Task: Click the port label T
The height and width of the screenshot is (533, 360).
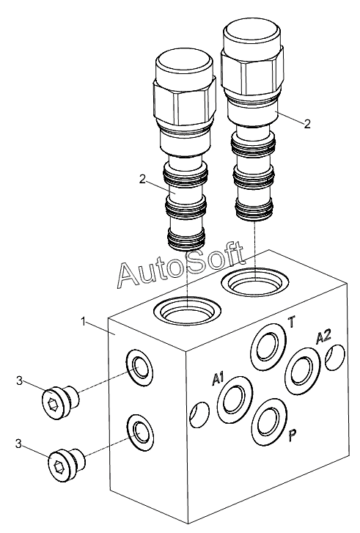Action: [292, 322]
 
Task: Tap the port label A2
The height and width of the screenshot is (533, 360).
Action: [323, 337]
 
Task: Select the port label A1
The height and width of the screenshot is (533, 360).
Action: [218, 379]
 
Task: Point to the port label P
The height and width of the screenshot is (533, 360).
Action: [293, 435]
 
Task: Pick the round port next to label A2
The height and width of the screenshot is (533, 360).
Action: [303, 370]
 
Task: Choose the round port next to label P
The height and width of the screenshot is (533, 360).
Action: [270, 422]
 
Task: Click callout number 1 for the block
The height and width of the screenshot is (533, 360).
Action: [84, 322]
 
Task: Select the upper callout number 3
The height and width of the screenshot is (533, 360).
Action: [19, 381]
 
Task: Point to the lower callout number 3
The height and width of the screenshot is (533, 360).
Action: [19, 444]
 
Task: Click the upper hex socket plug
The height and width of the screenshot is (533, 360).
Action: [61, 402]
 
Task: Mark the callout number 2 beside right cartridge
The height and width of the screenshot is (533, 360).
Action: [307, 124]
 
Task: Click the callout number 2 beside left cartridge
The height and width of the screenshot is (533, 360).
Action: [143, 179]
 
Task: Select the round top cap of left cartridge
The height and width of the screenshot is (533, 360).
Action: [184, 66]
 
